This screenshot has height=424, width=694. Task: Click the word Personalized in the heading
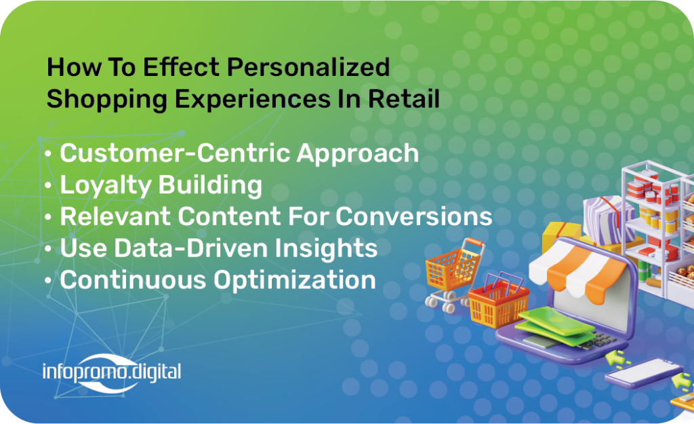[x=308, y=68]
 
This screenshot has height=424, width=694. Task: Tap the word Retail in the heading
[x=404, y=98]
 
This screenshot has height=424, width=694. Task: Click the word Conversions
[x=414, y=216]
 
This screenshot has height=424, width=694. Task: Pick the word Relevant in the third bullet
[x=116, y=216]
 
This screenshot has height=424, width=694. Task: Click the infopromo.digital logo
[x=112, y=372]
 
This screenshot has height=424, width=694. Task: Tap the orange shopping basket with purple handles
[x=498, y=301]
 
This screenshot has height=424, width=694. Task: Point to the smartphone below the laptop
[x=644, y=373]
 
